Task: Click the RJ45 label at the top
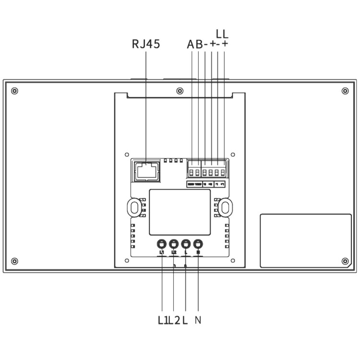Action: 146,45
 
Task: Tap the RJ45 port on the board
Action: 145,170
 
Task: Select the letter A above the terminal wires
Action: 191,45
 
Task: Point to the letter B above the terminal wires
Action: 199,45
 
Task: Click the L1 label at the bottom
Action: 163,320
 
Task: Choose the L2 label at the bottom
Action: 174,320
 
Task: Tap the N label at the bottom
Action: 198,320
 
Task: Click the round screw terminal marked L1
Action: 162,243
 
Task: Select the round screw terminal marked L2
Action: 174,243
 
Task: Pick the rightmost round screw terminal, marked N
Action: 198,243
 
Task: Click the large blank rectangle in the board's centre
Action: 180,212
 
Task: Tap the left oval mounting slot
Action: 134,206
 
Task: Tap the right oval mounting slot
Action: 225,206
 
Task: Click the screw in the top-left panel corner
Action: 14,91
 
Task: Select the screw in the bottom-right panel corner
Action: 345,261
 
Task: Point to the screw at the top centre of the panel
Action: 180,91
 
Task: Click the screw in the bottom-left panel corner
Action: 14,261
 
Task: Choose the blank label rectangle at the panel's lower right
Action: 306,240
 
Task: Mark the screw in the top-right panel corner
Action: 345,91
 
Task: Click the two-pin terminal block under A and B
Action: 194,171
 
